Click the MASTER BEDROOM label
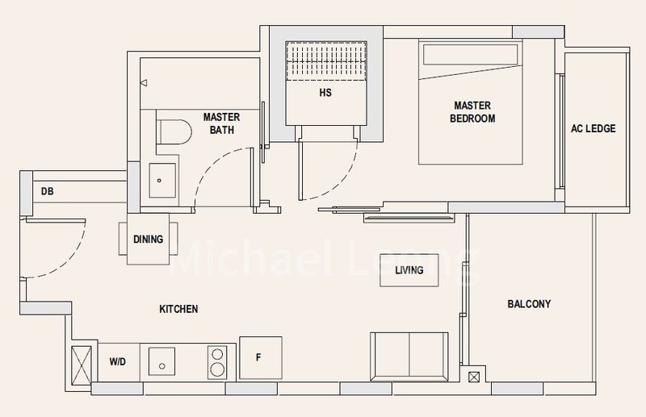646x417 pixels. point(472,112)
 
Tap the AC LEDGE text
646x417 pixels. point(593,128)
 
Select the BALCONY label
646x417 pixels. point(529,304)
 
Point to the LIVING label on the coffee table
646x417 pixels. point(409,270)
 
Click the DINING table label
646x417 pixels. point(148,240)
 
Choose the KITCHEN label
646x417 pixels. point(178,309)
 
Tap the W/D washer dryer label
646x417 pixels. point(117,362)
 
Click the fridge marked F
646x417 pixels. point(260,358)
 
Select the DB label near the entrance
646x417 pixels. point(48,191)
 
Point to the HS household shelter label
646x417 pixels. point(325,93)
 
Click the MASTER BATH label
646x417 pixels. point(221,123)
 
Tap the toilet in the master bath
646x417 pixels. point(174,132)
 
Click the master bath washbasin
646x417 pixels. point(162,181)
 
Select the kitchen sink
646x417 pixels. point(161,361)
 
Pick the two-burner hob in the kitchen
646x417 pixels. point(217,362)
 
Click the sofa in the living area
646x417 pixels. point(409,356)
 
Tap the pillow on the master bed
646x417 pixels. point(470,54)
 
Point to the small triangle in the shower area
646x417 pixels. point(144,83)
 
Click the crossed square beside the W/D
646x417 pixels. point(82,365)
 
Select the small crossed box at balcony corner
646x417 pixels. point(474,377)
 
